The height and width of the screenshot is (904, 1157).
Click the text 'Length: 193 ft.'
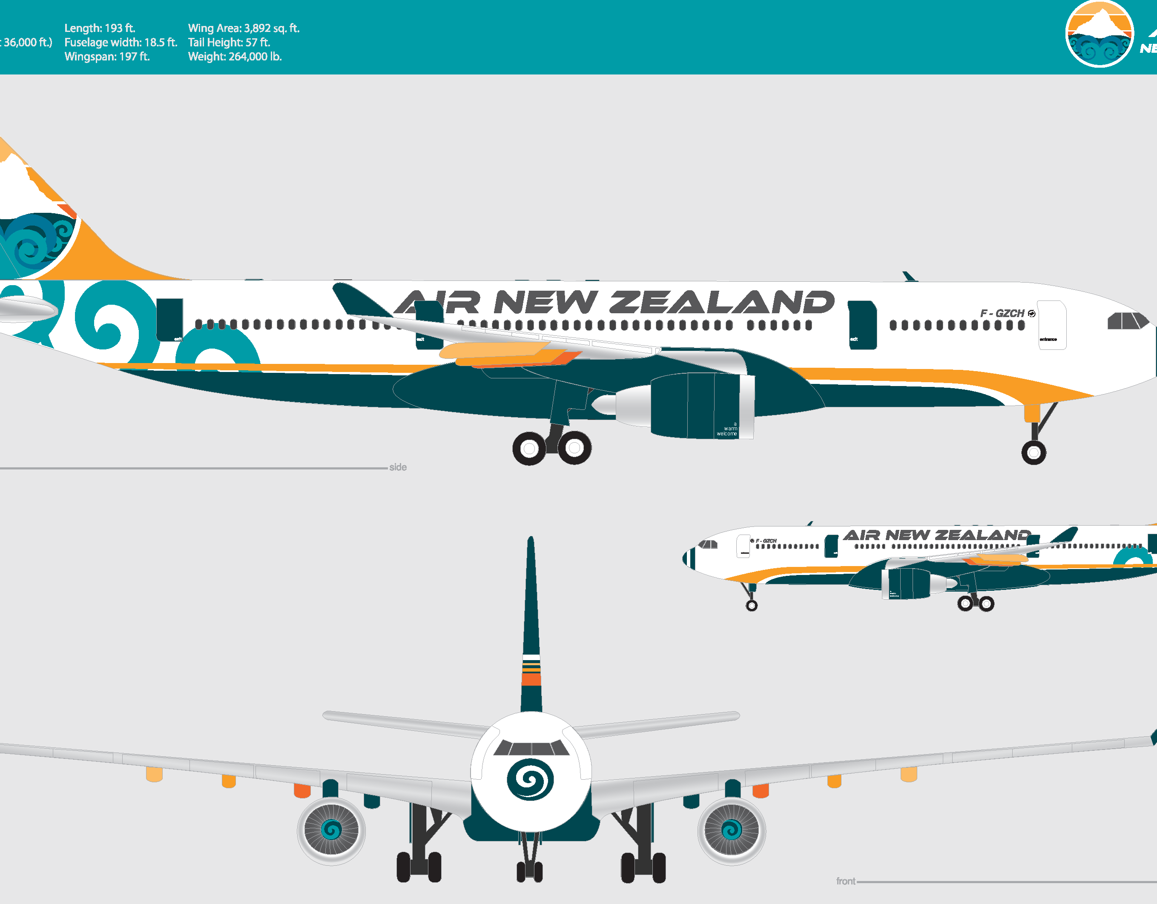pos(100,28)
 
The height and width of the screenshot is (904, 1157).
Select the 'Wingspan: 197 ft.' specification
pos(107,57)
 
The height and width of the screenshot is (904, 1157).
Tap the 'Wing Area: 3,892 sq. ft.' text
pos(244,28)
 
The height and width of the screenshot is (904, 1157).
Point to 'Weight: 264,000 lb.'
pos(235,57)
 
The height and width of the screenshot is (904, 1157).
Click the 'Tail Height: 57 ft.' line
pos(229,43)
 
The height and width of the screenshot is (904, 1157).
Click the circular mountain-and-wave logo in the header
pos(1099,34)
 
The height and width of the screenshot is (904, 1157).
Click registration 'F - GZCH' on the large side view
pos(1002,314)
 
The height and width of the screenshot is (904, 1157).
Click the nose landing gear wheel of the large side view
pos(1034,452)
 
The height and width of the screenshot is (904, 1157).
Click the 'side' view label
pos(398,467)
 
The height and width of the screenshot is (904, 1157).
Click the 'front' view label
pos(846,881)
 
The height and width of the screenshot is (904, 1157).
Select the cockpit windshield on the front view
pos(531,748)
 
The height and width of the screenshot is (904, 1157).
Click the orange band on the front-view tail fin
pos(531,679)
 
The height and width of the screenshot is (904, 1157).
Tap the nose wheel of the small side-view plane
pos(751,605)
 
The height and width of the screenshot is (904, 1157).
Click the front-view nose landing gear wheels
pos(529,871)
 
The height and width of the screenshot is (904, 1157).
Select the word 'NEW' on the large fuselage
pos(545,302)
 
